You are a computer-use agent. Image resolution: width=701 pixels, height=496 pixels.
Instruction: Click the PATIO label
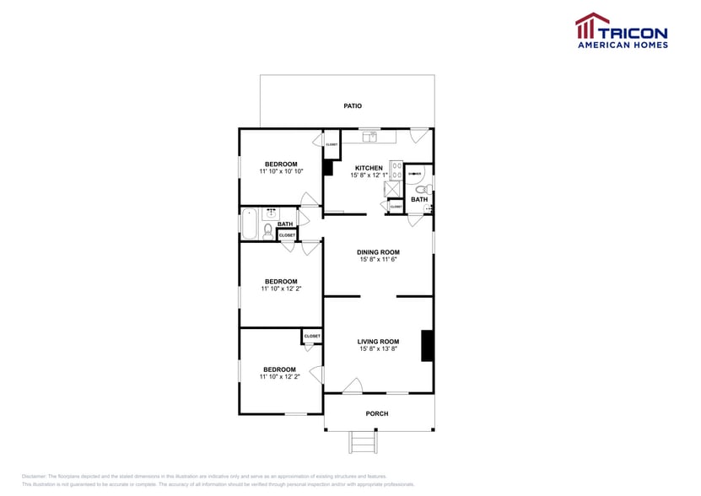(353, 105)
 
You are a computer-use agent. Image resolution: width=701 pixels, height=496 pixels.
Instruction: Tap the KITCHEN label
(369, 168)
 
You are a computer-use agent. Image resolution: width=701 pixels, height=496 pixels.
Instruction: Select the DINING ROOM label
(378, 252)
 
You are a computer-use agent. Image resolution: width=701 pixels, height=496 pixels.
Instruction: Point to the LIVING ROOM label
(378, 342)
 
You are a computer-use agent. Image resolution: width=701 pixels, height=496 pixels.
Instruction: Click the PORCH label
(376, 413)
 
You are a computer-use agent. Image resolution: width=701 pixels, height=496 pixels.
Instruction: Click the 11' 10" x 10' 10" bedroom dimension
(281, 171)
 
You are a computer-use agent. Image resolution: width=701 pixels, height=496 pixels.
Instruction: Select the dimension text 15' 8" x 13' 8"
(378, 349)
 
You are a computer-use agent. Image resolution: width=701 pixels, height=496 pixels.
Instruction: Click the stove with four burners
(396, 169)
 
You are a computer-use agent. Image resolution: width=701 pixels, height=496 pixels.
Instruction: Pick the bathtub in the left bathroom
(251, 224)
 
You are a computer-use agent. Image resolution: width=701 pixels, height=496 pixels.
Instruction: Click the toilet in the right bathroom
(429, 189)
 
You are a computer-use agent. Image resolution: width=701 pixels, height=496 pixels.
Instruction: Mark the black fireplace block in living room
(427, 346)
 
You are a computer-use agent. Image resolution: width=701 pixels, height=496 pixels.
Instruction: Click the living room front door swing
(353, 386)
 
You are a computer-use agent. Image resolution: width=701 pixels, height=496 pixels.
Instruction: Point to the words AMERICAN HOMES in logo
(622, 44)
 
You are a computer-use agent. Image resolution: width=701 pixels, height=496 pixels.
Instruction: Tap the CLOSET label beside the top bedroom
(332, 144)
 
